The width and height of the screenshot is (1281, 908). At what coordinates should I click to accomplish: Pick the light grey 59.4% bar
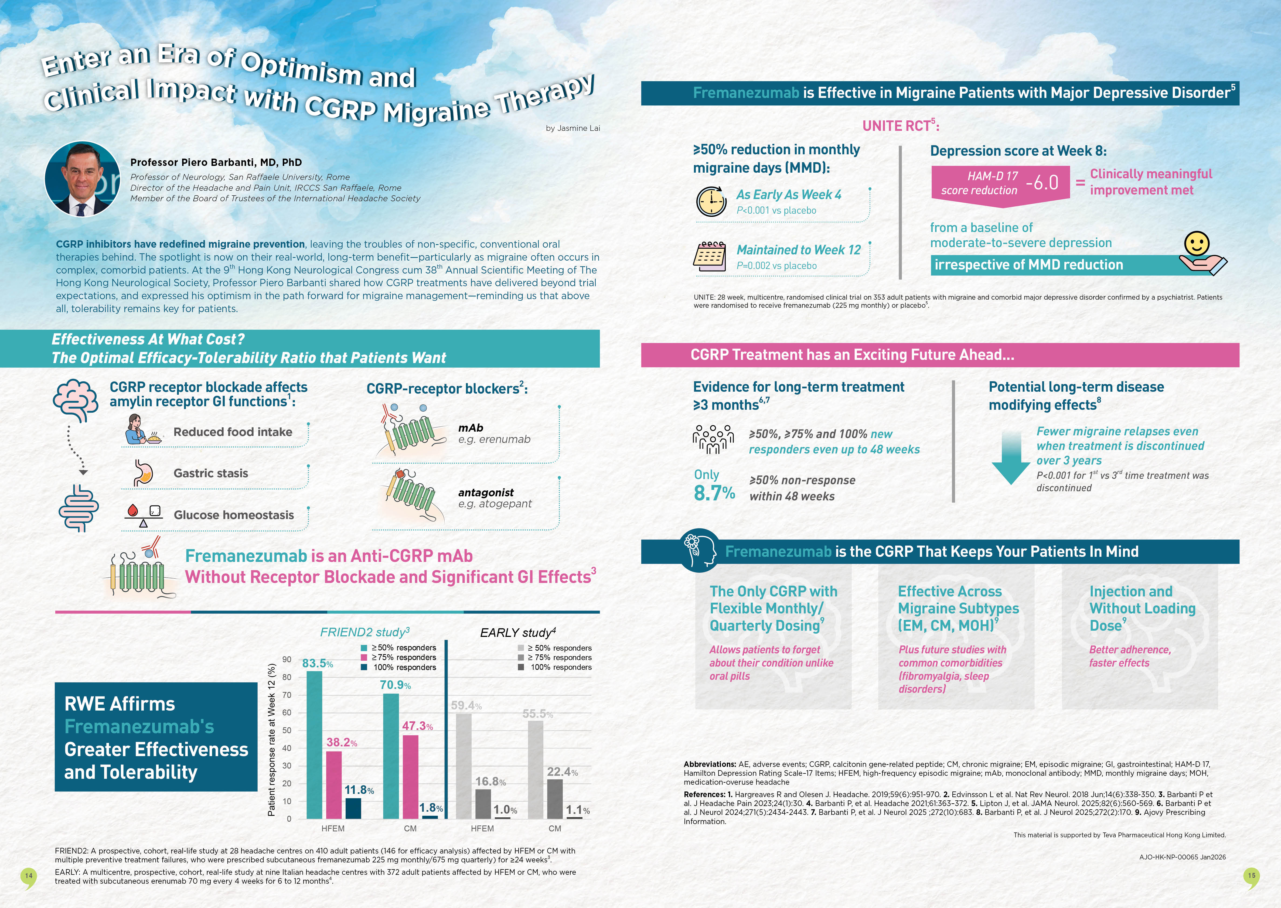[464, 766]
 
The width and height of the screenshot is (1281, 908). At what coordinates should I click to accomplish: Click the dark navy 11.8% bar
[353, 808]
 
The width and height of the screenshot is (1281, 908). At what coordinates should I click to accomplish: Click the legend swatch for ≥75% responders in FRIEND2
[364, 657]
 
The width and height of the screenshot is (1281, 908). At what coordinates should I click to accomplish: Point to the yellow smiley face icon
[1197, 244]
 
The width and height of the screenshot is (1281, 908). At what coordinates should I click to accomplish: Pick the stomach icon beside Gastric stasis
[143, 473]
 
